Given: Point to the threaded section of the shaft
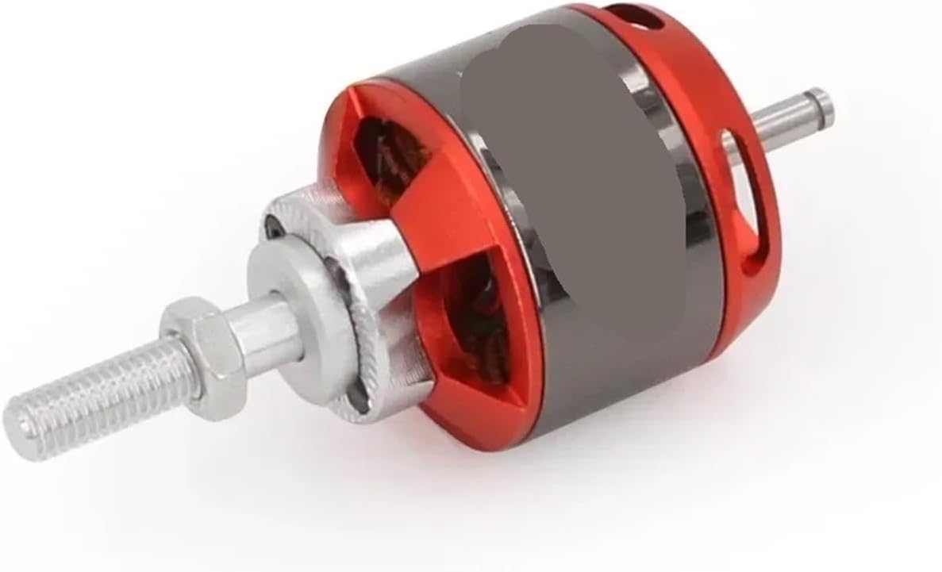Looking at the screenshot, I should [x=95, y=390].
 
